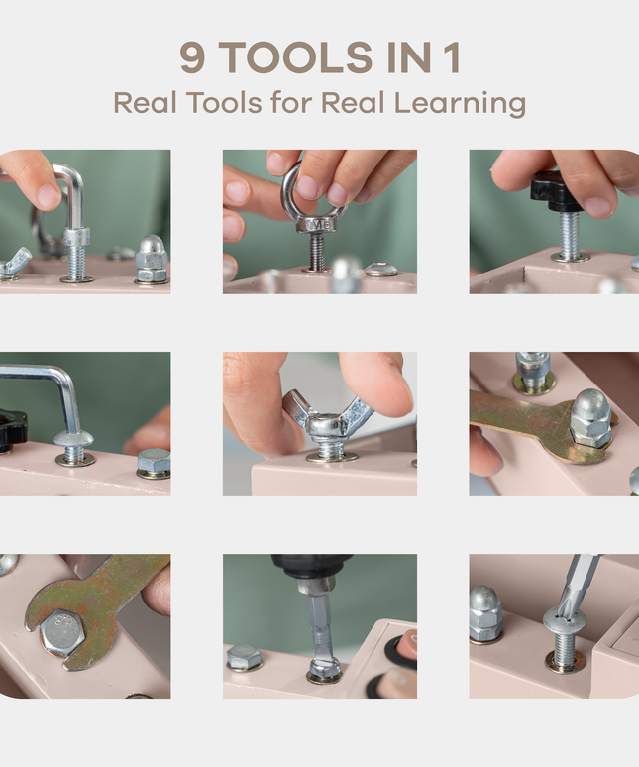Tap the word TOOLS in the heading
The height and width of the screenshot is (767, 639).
point(296,58)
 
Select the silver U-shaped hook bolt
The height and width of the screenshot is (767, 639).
point(69,193)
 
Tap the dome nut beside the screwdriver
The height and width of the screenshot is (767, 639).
point(484,612)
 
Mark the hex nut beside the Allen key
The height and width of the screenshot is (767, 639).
point(153,462)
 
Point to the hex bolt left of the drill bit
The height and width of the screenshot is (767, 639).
point(245,657)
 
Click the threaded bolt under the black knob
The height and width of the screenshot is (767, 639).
point(571,237)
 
